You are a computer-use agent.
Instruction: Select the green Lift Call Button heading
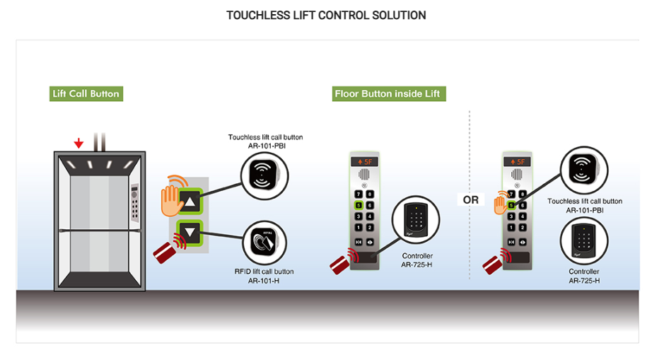point(86,94)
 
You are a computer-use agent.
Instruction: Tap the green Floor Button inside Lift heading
point(389,94)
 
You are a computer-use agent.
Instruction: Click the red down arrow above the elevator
point(78,144)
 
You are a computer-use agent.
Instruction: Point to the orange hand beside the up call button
point(171,199)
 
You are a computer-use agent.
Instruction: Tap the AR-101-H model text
point(264,281)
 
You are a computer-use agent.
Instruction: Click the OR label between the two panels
point(471,200)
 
